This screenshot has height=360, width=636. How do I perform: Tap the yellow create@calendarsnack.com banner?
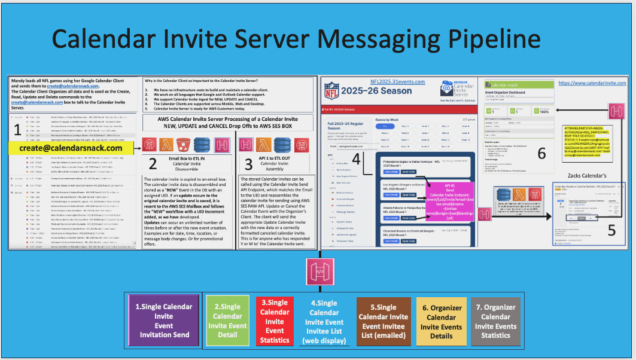[x=71, y=148]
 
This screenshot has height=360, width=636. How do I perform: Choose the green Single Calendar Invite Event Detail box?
[x=227, y=320]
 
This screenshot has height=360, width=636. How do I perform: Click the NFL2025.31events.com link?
[x=397, y=81]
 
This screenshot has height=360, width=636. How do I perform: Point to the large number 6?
[x=541, y=153]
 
